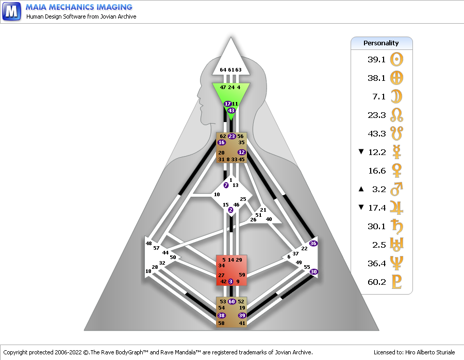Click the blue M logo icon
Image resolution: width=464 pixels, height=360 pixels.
click(11, 11)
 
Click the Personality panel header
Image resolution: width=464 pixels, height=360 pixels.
click(382, 43)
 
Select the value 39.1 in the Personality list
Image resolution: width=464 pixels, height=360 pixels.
click(376, 59)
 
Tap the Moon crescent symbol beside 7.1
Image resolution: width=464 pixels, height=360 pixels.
click(396, 96)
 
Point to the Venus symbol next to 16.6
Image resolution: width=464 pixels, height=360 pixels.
click(396, 170)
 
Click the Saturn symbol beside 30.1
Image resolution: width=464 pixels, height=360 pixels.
click(397, 227)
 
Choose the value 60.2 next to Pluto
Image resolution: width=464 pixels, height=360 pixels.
click(377, 282)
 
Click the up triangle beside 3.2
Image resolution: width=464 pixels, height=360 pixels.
click(361, 189)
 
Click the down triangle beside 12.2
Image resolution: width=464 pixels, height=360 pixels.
click(361, 151)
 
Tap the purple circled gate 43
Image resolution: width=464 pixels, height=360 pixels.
click(231, 111)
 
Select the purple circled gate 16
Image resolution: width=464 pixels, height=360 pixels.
click(221, 143)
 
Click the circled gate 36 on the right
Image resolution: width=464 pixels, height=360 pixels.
click(313, 244)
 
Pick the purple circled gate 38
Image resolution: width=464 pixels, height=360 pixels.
click(221, 315)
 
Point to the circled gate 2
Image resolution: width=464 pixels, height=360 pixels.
click(230, 210)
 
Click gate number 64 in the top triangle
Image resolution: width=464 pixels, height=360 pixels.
click(223, 70)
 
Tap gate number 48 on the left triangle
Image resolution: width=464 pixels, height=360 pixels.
click(148, 243)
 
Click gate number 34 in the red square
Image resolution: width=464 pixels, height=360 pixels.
click(221, 265)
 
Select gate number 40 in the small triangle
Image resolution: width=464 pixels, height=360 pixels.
click(269, 219)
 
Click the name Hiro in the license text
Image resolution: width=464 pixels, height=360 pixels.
click(410, 352)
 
